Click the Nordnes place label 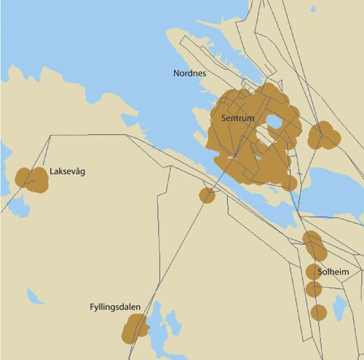(189, 74)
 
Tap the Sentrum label (236, 117)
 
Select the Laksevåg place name (68, 173)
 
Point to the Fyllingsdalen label (115, 308)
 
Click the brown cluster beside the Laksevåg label (31, 179)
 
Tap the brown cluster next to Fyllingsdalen (135, 329)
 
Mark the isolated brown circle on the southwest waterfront (207, 195)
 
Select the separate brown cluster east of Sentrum (323, 136)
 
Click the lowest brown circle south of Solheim (318, 313)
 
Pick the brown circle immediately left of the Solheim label (314, 272)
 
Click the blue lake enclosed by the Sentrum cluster (275, 121)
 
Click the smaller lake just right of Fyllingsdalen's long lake (173, 321)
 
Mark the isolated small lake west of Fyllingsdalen (34, 297)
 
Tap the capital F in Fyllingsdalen (92, 307)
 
